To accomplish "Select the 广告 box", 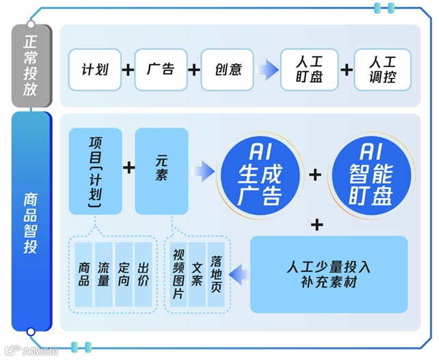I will (161, 70).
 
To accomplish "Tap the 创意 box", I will (226, 70).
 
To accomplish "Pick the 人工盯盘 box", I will (309, 70).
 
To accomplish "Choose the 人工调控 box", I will (382, 70).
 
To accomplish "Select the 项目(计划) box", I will (96, 171).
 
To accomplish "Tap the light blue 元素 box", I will (161, 171).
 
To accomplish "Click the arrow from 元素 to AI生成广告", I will (203, 171).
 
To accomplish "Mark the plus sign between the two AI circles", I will (315, 174).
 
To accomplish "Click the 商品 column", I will (85, 273).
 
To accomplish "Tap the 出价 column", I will (143, 273).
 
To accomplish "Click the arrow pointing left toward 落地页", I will (238, 275).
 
